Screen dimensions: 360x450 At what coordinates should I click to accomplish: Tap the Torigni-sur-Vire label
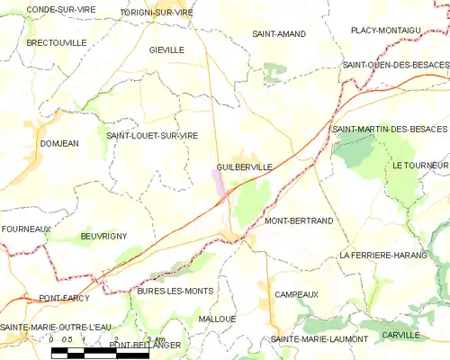[x=157, y=13]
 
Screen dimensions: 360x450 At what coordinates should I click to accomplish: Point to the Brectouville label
[x=56, y=42]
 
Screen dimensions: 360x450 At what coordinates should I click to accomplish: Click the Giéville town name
[x=166, y=50]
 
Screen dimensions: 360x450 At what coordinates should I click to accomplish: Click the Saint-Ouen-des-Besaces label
[x=395, y=66]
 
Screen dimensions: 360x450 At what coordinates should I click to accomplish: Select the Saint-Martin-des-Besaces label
[x=389, y=130]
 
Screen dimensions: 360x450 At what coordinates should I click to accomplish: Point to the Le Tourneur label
[x=419, y=166]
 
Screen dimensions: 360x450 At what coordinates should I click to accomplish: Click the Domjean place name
[x=59, y=143]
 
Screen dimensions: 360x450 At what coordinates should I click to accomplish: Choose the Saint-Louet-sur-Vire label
[x=152, y=135]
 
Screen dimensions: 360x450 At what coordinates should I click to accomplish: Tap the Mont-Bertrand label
[x=299, y=220]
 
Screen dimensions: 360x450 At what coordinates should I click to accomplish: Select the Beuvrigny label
[x=103, y=236]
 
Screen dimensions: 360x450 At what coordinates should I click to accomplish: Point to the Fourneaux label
[x=25, y=229]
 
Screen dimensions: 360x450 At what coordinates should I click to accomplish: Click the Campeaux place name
[x=296, y=294]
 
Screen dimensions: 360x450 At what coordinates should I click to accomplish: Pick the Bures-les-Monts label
[x=175, y=292]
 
